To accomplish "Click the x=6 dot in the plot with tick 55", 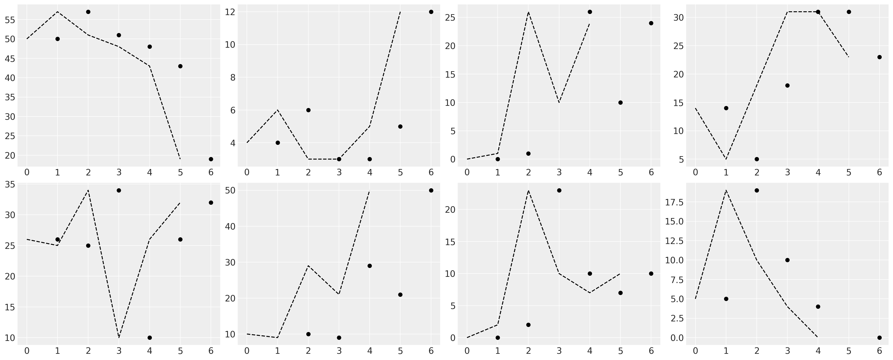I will [x=211, y=159].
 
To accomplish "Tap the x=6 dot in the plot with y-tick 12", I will [x=431, y=12].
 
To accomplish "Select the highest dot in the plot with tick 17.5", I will [x=756, y=190].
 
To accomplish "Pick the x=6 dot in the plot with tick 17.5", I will [x=879, y=337].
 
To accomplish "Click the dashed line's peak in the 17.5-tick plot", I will [x=726, y=190].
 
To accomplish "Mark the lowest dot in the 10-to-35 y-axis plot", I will [x=149, y=337].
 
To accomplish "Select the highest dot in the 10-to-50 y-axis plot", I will [x=431, y=190].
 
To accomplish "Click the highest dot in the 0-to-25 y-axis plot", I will [x=590, y=12].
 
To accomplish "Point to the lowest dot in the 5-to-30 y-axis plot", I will [x=756, y=159].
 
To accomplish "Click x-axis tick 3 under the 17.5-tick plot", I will [x=787, y=351].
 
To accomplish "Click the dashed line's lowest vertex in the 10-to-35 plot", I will [x=119, y=337].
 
